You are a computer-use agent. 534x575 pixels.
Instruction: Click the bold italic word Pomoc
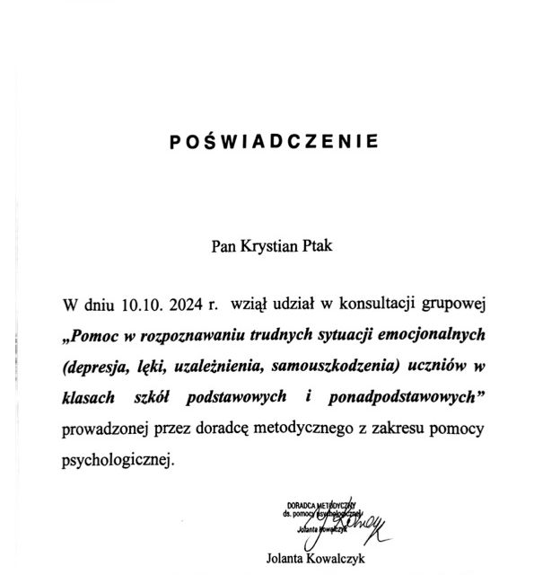(x=100, y=337)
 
